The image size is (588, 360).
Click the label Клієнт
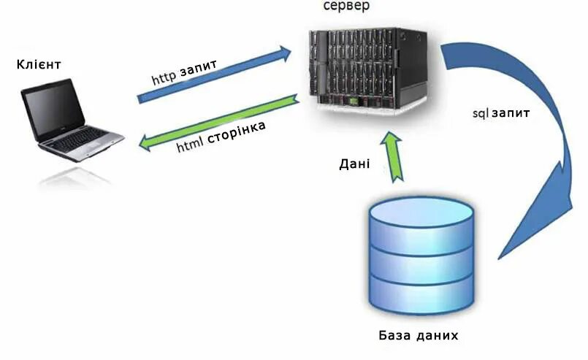pos(38,65)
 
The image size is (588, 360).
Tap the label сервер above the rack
pos(347,6)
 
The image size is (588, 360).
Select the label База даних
pos(419,336)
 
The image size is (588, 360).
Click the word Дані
pos(354,164)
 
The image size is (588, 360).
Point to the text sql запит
pos(501,115)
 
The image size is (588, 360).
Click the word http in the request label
pos(163,77)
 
